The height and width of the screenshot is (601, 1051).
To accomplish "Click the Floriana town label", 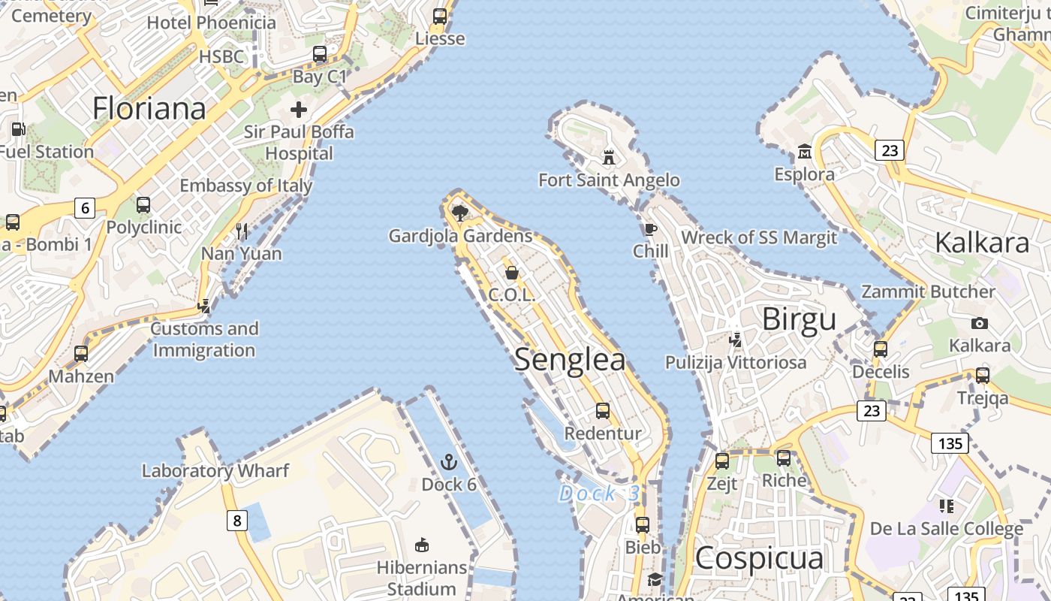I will click(149, 109).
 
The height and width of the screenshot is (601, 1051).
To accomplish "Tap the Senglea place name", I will click(570, 360).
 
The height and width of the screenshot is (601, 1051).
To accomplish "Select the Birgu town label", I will click(799, 319).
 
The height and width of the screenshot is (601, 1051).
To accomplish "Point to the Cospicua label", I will click(759, 558).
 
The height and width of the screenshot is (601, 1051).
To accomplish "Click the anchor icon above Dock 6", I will click(449, 461).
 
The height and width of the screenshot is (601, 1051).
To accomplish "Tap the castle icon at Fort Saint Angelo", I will click(609, 158).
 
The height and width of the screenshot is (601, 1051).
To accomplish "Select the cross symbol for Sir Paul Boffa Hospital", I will click(299, 110).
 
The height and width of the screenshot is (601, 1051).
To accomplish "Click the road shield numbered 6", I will click(85, 208).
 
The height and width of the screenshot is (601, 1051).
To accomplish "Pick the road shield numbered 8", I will click(237, 520).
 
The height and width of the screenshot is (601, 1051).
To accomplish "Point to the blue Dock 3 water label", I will click(599, 494).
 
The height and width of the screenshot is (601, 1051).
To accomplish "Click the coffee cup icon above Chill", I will click(650, 229).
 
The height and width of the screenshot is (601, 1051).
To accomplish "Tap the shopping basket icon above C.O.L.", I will click(511, 272).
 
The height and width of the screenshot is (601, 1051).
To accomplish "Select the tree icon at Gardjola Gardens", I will click(460, 213).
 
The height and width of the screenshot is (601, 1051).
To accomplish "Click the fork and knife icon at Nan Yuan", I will click(242, 231).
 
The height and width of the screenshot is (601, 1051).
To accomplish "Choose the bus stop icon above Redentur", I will click(603, 411).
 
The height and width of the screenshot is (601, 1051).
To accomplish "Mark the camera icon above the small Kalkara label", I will click(979, 324).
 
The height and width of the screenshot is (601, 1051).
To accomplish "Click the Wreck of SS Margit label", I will click(758, 238).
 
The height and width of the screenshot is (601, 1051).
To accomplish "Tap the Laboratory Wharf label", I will click(215, 471).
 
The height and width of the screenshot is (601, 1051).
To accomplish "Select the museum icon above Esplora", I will click(805, 152).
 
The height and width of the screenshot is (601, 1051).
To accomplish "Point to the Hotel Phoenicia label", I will click(212, 23).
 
